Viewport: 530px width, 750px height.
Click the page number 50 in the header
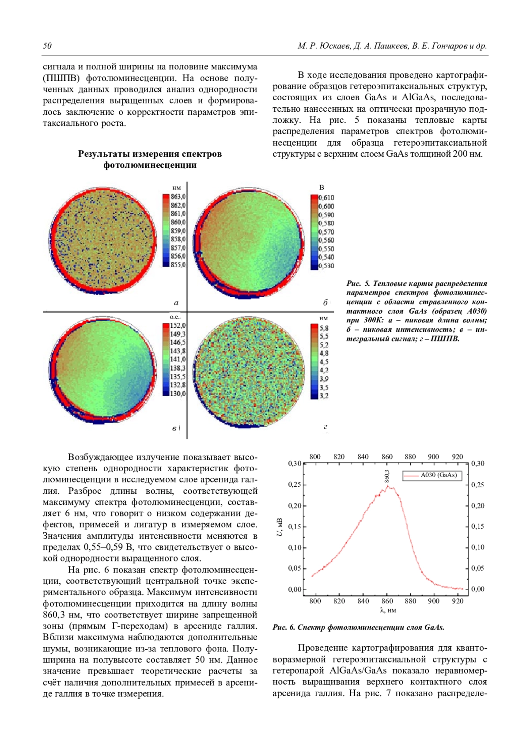47,46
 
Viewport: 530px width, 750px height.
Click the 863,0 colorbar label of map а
178,197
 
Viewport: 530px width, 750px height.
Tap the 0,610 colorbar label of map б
326,197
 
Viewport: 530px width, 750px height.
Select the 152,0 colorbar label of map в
178,326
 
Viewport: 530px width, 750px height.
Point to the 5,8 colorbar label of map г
324,328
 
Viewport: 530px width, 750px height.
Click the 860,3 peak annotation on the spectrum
387,477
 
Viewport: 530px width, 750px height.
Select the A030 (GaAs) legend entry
438,475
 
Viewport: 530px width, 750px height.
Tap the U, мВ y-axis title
280,527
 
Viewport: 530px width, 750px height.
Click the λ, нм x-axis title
388,610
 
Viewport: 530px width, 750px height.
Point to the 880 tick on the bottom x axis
410,601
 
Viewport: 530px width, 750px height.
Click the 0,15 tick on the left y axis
295,527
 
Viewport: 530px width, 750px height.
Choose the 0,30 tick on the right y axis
477,463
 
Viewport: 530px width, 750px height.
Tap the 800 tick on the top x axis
315,457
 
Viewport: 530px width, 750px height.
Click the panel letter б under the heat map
325,303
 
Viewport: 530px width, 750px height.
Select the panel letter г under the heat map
325,427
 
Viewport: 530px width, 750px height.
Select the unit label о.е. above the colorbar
175,317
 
